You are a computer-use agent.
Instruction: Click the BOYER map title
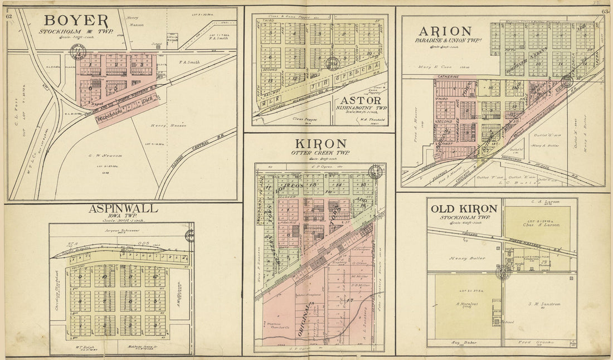click(77, 21)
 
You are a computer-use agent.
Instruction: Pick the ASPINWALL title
click(123, 208)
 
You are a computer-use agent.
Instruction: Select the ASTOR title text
click(359, 101)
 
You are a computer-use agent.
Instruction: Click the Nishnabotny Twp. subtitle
click(359, 108)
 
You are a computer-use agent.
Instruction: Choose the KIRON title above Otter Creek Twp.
click(318, 144)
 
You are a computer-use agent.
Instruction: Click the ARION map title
click(445, 31)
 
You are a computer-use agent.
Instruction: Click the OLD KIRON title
click(464, 208)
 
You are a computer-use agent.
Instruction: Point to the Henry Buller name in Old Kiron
click(466, 258)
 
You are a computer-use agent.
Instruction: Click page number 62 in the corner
click(9, 16)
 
